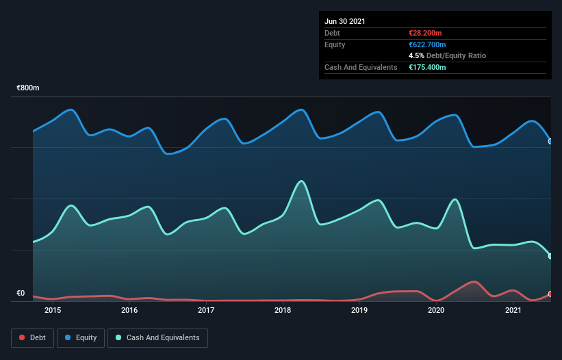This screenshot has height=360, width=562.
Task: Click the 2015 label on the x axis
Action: pyautogui.click(x=53, y=311)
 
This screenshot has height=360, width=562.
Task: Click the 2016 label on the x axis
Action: pyautogui.click(x=129, y=311)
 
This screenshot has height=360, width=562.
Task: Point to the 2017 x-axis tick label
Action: pyautogui.click(x=206, y=311)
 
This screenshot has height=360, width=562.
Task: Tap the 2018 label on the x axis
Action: pyautogui.click(x=283, y=311)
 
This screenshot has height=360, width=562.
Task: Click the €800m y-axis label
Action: pyautogui.click(x=28, y=88)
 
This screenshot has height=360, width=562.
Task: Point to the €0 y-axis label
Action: pyautogui.click(x=21, y=294)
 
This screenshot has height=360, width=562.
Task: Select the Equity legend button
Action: pyautogui.click(x=81, y=337)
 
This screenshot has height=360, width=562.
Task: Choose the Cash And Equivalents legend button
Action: pyautogui.click(x=157, y=337)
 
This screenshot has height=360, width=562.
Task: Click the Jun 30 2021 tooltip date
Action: pyautogui.click(x=345, y=21)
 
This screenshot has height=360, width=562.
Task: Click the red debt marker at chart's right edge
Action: pyautogui.click(x=550, y=294)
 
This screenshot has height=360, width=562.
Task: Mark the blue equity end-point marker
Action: pyautogui.click(x=550, y=141)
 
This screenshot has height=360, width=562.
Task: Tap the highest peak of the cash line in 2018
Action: pyautogui.click(x=301, y=181)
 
